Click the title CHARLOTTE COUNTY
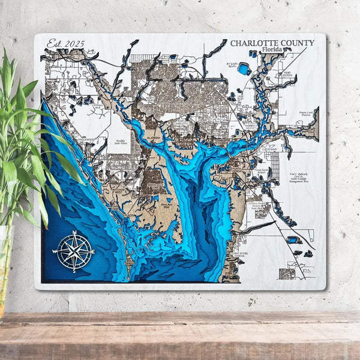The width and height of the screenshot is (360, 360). click(272, 43)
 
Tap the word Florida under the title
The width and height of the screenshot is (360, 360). click(274, 51)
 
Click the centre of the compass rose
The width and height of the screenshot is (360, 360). click(74, 251)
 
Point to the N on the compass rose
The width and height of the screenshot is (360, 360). click(74, 232)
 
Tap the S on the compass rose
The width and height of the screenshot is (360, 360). click(74, 270)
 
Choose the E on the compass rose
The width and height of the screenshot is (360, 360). click(93, 251)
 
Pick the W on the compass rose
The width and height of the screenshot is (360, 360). click(55, 251)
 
